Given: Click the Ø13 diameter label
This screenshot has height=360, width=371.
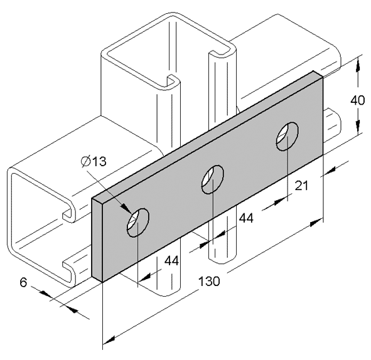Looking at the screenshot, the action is click(x=94, y=161).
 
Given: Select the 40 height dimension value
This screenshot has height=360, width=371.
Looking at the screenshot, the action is click(x=357, y=100).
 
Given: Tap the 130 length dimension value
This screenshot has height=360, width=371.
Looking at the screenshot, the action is click(x=209, y=281).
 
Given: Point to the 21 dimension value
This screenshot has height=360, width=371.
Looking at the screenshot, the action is click(x=301, y=185).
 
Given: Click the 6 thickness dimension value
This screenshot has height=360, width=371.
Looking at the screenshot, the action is click(x=23, y=282).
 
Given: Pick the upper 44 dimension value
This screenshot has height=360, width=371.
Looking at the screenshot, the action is click(x=246, y=218).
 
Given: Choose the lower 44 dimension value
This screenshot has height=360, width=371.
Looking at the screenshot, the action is click(x=172, y=261).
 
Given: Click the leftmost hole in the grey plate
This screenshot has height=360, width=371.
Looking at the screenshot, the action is click(x=137, y=223).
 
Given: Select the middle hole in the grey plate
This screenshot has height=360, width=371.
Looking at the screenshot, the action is click(x=212, y=179).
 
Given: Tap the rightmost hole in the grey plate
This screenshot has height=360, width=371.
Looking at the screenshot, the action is click(x=288, y=136).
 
